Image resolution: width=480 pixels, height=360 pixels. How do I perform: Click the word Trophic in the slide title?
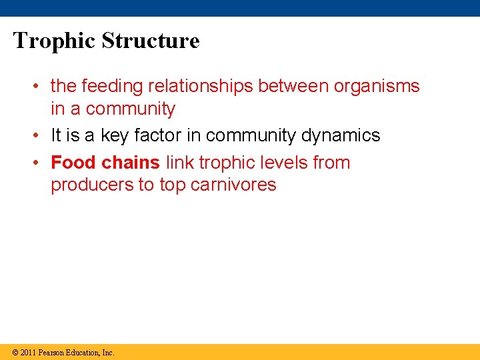(x=54, y=41)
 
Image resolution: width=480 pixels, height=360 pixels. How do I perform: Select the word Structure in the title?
(x=151, y=41)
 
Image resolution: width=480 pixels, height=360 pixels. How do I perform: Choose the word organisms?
(x=378, y=87)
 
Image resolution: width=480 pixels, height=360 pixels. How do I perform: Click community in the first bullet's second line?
(x=130, y=109)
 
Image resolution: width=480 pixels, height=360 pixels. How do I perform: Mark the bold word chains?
(x=131, y=163)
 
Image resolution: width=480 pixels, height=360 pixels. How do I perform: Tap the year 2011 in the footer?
(x=28, y=352)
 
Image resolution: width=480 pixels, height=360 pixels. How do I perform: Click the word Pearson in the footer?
(x=51, y=352)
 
